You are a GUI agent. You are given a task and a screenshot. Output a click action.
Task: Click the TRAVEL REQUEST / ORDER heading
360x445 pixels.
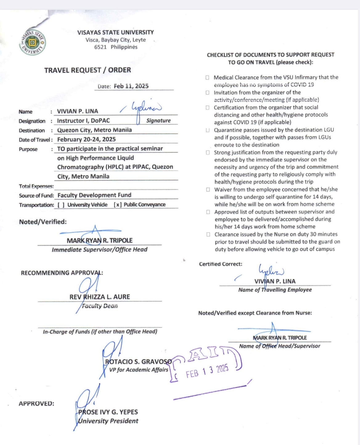click(88, 70)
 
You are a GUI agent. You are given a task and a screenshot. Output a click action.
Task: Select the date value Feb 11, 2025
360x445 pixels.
click(131, 86)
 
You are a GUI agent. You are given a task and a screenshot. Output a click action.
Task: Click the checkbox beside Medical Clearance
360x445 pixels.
click(207, 78)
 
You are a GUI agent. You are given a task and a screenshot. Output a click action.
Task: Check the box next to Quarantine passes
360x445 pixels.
click(208, 130)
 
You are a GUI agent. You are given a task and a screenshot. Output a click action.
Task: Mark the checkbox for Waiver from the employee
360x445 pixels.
click(208, 190)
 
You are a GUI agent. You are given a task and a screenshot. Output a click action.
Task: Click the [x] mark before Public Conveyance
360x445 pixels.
click(118, 205)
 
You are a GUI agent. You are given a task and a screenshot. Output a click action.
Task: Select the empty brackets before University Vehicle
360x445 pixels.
click(61, 205)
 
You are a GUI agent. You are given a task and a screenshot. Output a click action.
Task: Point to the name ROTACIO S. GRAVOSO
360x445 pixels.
click(139, 361)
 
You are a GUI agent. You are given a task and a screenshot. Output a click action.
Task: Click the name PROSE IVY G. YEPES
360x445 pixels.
click(108, 412)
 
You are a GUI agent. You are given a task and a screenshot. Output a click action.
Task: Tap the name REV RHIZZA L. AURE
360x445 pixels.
click(100, 297)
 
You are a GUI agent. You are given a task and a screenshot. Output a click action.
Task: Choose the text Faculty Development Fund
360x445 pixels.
click(94, 195)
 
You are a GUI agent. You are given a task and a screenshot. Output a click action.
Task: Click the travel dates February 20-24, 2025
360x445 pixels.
click(87, 139)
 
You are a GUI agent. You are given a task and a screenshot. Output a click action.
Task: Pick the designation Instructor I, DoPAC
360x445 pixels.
click(84, 120)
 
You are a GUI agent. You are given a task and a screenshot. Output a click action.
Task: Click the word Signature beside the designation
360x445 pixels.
click(158, 120)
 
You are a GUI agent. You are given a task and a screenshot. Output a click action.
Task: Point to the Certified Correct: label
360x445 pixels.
click(221, 264)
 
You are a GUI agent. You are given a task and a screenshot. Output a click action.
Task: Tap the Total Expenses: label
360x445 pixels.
click(36, 186)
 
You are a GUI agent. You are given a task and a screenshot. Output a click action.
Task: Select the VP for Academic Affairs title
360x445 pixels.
click(139, 369)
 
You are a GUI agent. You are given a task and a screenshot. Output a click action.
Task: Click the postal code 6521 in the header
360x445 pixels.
click(100, 47)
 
